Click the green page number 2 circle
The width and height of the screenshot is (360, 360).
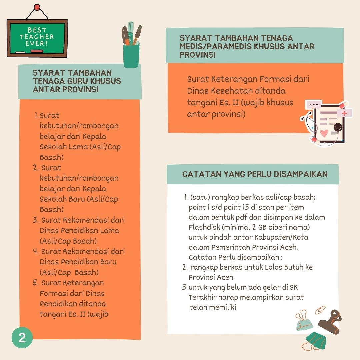coord(22,337)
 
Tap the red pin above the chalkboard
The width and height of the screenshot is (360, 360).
coord(37,8)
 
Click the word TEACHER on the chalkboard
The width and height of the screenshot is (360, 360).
coord(37,37)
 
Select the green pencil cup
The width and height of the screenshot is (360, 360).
coord(131,55)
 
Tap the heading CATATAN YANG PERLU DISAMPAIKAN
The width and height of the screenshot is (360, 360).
coord(255,174)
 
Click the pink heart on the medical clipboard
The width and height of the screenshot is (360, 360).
coord(324,133)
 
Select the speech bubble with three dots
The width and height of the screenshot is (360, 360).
coord(313,105)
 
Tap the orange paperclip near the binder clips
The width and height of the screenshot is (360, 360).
coord(320,310)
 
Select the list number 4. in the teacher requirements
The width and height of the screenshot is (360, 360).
coord(36,251)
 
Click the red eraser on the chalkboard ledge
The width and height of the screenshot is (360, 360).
coord(37,51)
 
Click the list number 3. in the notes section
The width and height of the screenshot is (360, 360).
coord(185,287)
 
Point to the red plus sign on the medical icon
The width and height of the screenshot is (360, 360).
coord(344,113)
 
